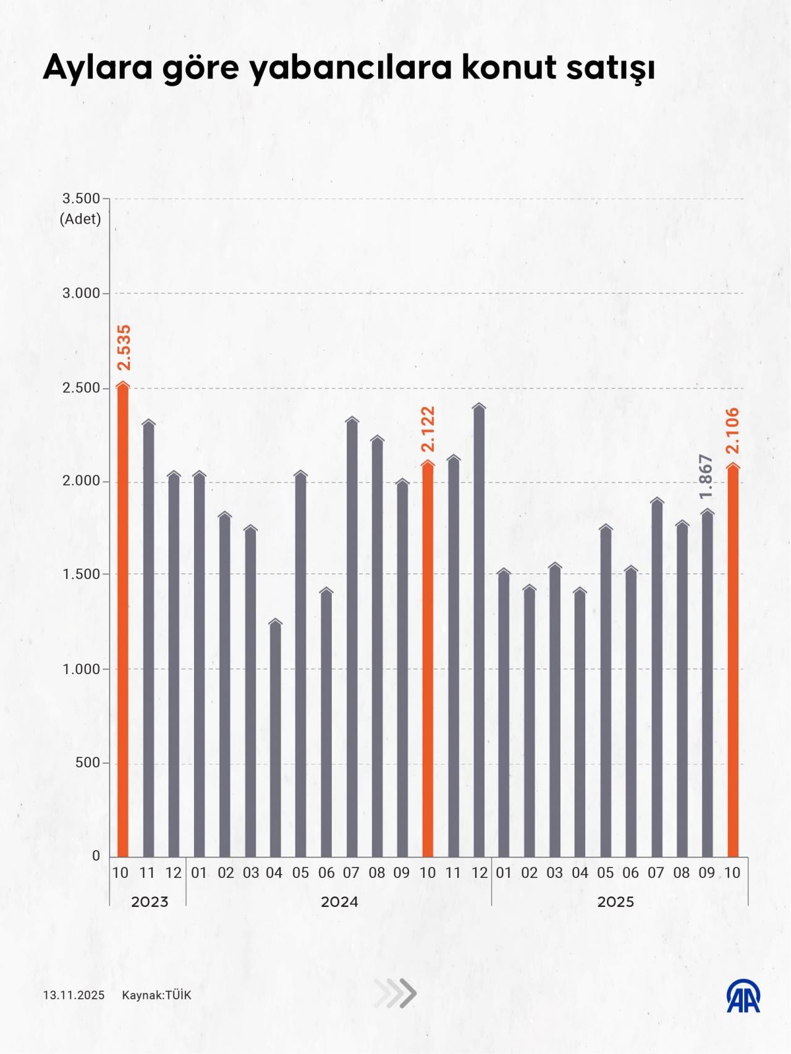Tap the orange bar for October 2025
tap(733, 661)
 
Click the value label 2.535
tap(124, 347)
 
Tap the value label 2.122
tap(428, 429)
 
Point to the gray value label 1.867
tap(707, 476)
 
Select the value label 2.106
tap(733, 431)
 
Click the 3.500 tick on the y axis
tap(81, 198)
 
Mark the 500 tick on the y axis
tap(88, 763)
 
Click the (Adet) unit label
tap(80, 218)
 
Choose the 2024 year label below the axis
tap(339, 902)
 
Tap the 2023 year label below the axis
tap(150, 902)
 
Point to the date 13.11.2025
tap(74, 995)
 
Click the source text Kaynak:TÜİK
tap(156, 995)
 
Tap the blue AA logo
tap(743, 996)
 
